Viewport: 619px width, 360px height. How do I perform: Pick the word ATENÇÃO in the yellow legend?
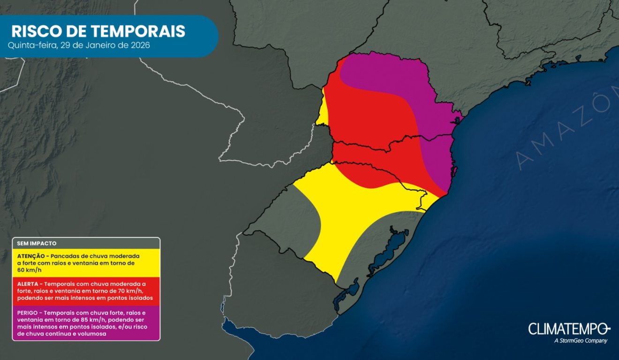(x=32, y=256)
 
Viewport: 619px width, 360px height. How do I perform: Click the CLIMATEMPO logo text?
(x=568, y=329)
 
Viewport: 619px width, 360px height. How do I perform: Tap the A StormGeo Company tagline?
(x=580, y=341)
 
